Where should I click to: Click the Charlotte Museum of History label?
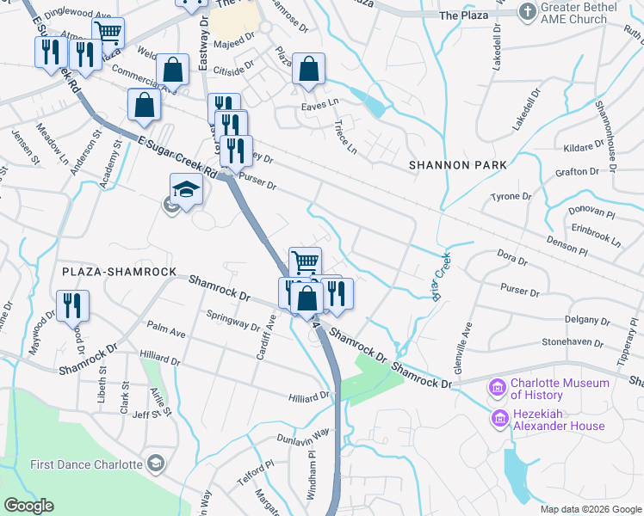pyautogui.click(x=560, y=389)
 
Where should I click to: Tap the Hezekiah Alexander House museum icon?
pyautogui.click(x=498, y=419)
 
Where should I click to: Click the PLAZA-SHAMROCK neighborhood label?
pyautogui.click(x=119, y=272)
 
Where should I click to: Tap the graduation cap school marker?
pyautogui.click(x=186, y=189)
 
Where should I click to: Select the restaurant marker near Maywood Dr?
pyautogui.click(x=71, y=305)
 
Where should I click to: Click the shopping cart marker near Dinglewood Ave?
pyautogui.click(x=108, y=33)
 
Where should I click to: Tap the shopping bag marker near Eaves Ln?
pyautogui.click(x=308, y=70)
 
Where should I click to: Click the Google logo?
pyautogui.click(x=28, y=506)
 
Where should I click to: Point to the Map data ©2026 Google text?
pyautogui.click(x=591, y=509)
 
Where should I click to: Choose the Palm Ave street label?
pyautogui.click(x=166, y=330)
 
